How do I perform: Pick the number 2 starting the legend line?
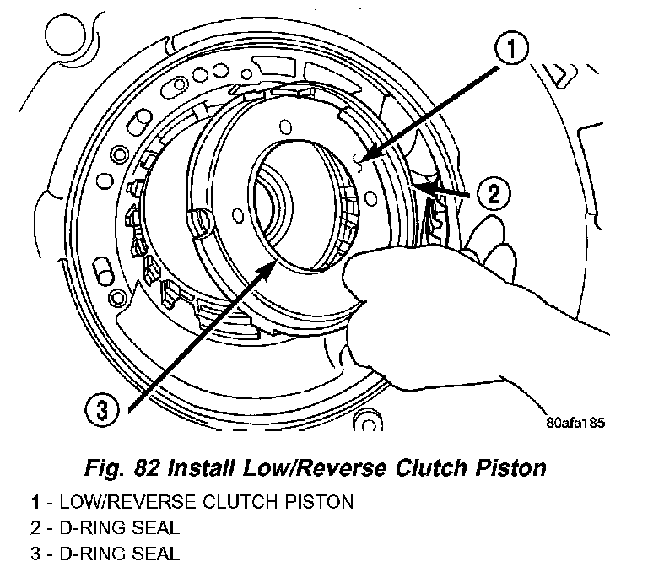click(35, 529)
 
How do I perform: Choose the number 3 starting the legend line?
click(35, 554)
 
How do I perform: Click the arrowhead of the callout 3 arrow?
click(273, 262)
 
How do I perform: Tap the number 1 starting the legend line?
click(35, 503)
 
